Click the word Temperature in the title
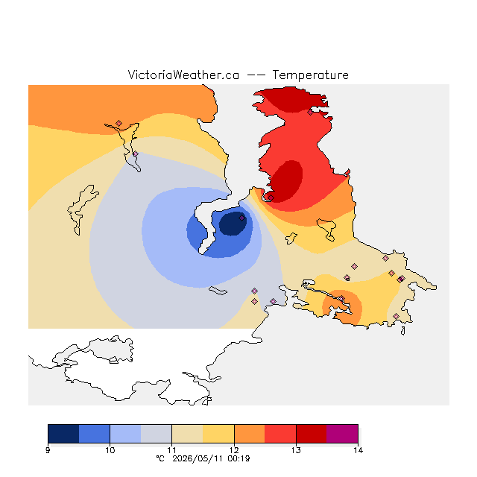pyautogui.click(x=310, y=75)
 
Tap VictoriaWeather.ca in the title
pyautogui.click(x=183, y=75)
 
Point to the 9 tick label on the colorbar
pyautogui.click(x=48, y=450)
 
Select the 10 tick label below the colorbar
pyautogui.click(x=110, y=450)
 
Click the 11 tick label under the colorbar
pyautogui.click(x=172, y=450)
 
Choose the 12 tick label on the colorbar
pyautogui.click(x=234, y=450)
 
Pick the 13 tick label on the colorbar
pyautogui.click(x=296, y=450)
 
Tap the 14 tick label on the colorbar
pyautogui.click(x=358, y=450)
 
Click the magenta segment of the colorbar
pyautogui.click(x=342, y=434)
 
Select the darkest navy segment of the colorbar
pyautogui.click(x=63, y=434)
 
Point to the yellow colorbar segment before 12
pyautogui.click(x=218, y=434)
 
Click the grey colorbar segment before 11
pyautogui.click(x=157, y=434)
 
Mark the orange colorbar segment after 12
pyautogui.click(x=250, y=434)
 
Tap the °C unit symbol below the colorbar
pyautogui.click(x=160, y=458)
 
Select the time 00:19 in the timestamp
pyautogui.click(x=238, y=459)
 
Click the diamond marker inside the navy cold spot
pyautogui.click(x=241, y=218)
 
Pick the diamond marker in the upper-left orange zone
pyautogui.click(x=119, y=123)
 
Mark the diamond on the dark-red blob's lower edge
pyautogui.click(x=271, y=198)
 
